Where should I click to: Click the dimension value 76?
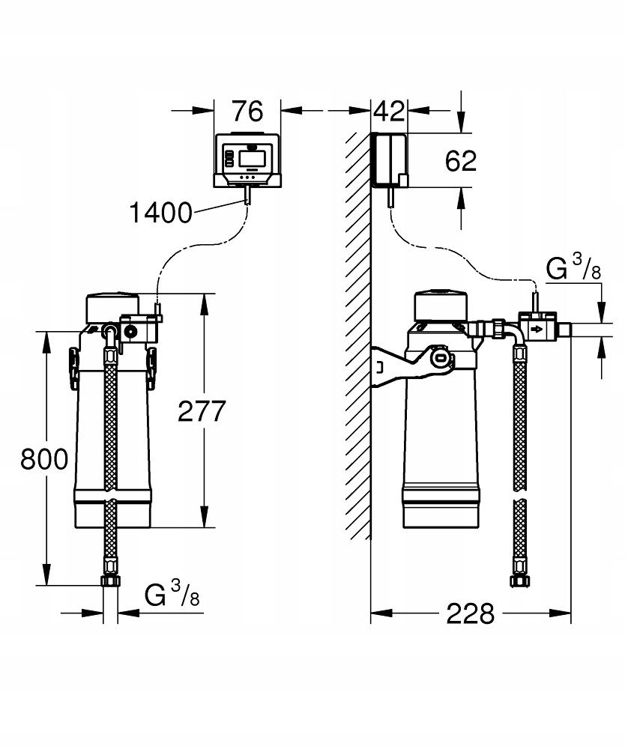point(247,111)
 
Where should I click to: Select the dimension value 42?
point(389,111)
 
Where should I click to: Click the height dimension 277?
point(201,410)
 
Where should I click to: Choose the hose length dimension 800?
point(44,458)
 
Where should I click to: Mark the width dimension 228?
point(471,614)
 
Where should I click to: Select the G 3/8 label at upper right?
point(573,269)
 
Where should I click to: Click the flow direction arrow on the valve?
point(537,330)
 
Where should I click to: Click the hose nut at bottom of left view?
point(110,582)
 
